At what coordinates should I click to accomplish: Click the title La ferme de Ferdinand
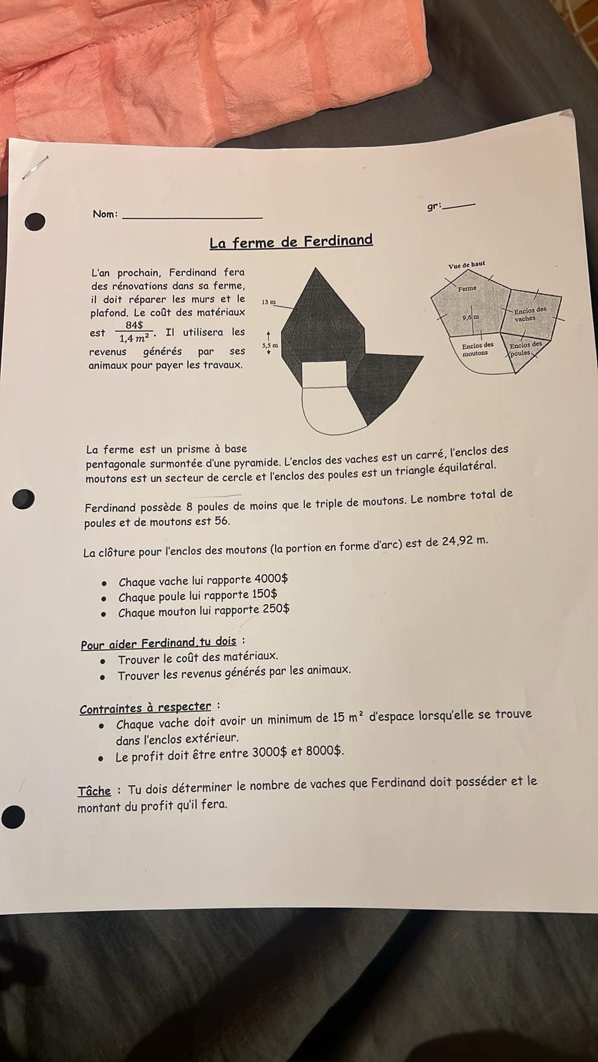[x=291, y=242]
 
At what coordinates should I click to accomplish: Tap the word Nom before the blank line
[x=104, y=214]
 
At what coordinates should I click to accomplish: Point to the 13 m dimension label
[x=269, y=302]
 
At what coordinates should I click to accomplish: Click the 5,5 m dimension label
[x=270, y=345]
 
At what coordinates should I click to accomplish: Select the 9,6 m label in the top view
[x=471, y=317]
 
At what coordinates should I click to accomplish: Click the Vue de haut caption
[x=466, y=265]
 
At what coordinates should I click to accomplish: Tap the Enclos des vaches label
[x=529, y=314]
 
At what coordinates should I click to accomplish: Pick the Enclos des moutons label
[x=477, y=349]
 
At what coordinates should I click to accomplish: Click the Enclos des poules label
[x=524, y=348]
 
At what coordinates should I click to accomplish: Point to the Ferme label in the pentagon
[x=467, y=288]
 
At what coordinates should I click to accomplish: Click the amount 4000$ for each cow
[x=271, y=579]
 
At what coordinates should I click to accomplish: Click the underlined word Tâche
[x=94, y=791]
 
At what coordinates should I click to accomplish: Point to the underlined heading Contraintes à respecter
[x=145, y=708]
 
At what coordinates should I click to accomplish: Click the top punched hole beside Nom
[x=35, y=221]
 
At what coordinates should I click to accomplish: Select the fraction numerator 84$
[x=134, y=325]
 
